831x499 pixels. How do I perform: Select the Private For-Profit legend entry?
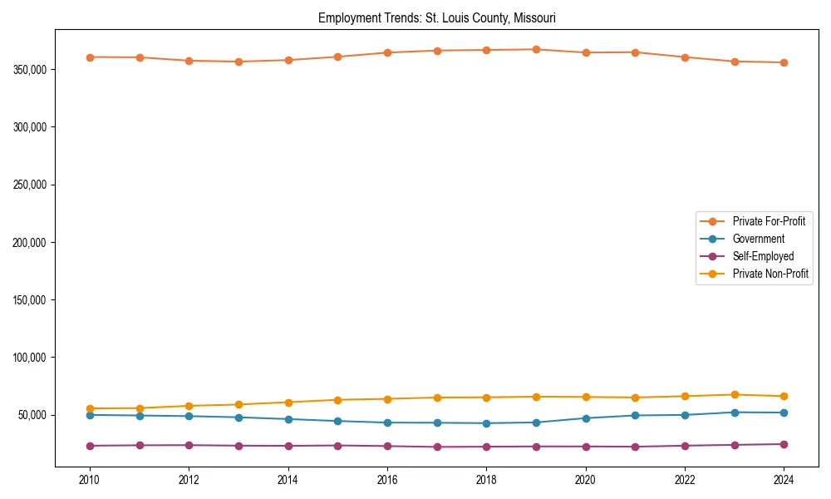(768, 221)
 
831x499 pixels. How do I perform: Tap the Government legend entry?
(758, 239)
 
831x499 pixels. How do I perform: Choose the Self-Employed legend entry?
(763, 256)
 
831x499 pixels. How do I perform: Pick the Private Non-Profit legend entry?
(770, 274)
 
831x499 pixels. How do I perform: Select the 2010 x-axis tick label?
(90, 480)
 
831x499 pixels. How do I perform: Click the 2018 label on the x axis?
(487, 480)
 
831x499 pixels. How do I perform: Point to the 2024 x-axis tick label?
(784, 480)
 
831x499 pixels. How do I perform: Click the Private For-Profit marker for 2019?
(536, 49)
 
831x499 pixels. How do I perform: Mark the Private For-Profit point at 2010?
(90, 57)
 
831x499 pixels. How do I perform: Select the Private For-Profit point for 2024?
(784, 62)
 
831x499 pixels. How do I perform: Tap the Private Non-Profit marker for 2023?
(735, 394)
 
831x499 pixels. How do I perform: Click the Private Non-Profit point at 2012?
(189, 406)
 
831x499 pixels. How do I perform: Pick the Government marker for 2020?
(586, 418)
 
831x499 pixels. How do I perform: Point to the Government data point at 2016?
(387, 422)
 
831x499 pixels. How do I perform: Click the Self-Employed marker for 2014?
(288, 446)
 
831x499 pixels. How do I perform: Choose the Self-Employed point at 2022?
(685, 446)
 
